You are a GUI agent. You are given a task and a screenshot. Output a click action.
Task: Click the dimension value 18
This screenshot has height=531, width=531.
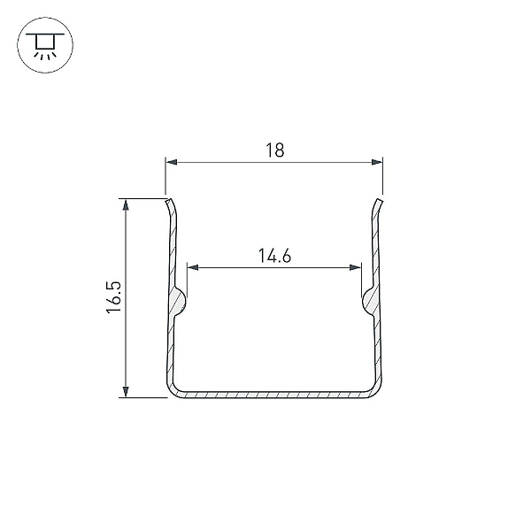pyautogui.click(x=275, y=150)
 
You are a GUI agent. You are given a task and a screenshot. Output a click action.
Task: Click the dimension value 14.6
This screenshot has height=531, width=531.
pyautogui.click(x=274, y=256)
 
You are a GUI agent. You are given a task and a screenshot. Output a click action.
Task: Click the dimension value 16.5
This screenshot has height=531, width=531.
pyautogui.click(x=114, y=297)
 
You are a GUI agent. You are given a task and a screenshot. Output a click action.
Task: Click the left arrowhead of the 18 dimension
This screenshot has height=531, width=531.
pyautogui.click(x=172, y=162)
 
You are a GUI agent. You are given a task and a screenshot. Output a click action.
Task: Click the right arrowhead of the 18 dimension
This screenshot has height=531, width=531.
pyautogui.click(x=377, y=162)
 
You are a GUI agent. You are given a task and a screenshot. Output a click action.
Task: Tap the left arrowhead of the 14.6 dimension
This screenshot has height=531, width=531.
pyautogui.click(x=193, y=267)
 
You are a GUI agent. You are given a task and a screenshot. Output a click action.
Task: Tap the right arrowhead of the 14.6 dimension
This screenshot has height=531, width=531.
pyautogui.click(x=355, y=267)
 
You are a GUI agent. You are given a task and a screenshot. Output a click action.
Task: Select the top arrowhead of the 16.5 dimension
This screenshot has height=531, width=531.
pyautogui.click(x=126, y=205)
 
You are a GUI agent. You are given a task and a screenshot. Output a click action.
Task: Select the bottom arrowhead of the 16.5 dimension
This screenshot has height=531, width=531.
pyautogui.click(x=126, y=391)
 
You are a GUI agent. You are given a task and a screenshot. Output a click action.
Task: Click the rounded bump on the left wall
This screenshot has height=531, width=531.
pyautogui.click(x=180, y=301)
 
